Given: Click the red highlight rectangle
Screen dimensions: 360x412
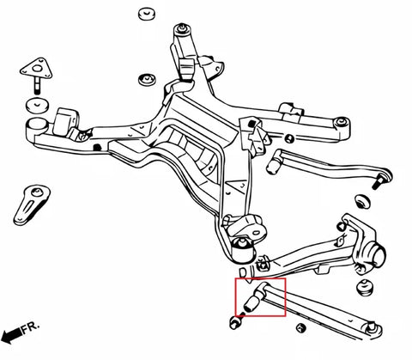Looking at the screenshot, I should (x=261, y=297).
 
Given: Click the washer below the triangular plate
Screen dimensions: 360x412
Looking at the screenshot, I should (x=36, y=107).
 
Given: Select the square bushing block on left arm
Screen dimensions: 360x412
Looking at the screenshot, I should (x=64, y=120).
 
